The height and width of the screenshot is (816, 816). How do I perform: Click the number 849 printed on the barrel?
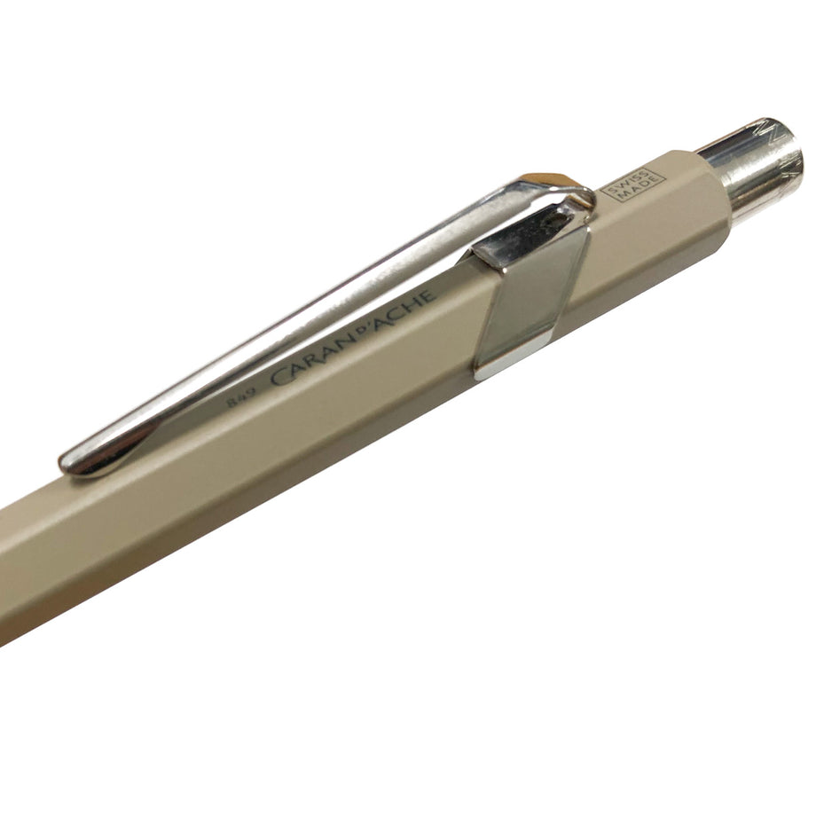tap(241, 400)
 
